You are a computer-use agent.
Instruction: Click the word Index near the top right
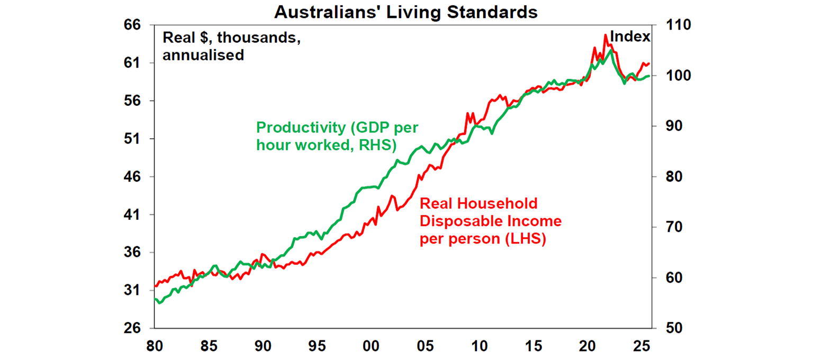[x=630, y=37]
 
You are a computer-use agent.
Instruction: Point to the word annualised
[x=203, y=55]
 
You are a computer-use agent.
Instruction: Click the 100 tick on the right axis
[x=670, y=76]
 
